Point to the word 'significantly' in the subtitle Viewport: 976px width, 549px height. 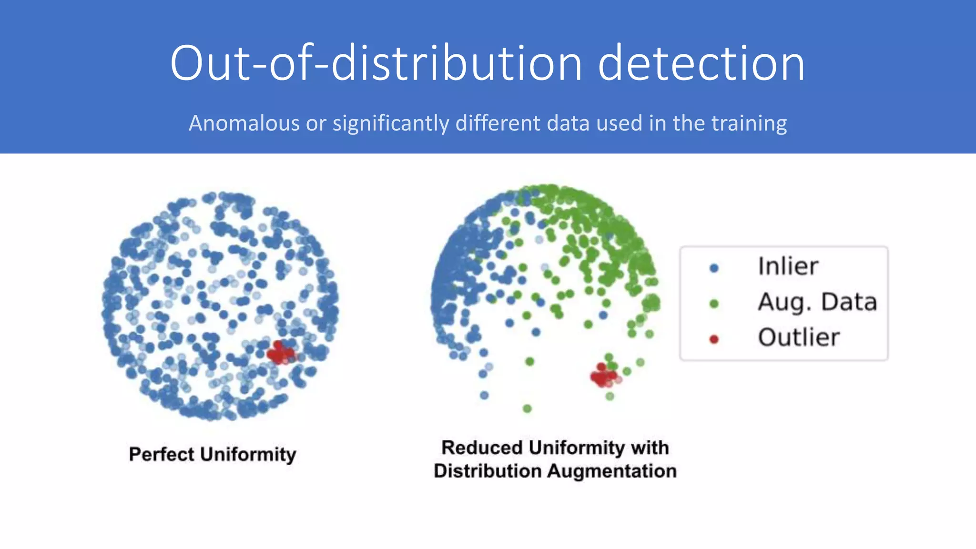[391, 123]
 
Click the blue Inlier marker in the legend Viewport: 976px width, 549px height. [713, 268]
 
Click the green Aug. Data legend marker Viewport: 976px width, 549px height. [713, 304]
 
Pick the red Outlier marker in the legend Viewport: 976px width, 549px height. [713, 339]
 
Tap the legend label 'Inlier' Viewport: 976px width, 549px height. [788, 266]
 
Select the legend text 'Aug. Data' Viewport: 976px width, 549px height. [817, 302]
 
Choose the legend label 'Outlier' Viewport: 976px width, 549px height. [798, 337]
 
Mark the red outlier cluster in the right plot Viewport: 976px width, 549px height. [603, 376]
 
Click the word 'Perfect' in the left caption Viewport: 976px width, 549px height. [161, 454]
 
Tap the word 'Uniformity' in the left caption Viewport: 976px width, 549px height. [248, 454]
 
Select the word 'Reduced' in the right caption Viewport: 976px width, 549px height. [482, 447]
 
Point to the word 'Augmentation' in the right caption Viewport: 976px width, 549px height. [611, 471]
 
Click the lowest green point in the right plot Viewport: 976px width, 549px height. [527, 408]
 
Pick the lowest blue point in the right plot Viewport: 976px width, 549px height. [484, 395]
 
